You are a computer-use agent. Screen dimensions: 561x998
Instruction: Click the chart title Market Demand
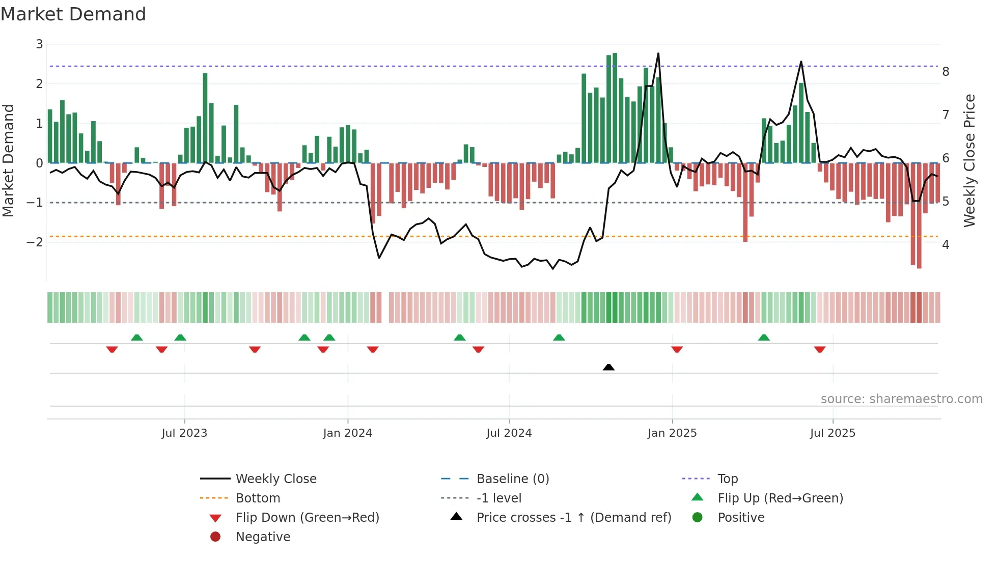[73, 14]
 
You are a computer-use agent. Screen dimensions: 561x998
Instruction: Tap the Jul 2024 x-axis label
[509, 433]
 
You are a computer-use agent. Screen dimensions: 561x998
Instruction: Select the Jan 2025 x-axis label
[672, 433]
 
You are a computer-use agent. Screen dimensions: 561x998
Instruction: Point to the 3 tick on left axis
[39, 44]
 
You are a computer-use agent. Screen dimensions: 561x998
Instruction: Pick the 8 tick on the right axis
[946, 72]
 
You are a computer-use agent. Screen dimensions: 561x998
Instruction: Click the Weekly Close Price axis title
[969, 160]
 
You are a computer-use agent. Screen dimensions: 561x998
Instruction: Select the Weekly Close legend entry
[275, 479]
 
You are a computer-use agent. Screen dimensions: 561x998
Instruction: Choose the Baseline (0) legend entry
[512, 479]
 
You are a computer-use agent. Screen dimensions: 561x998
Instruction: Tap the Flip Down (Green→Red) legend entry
[307, 518]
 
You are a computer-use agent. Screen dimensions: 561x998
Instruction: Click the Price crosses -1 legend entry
[573, 518]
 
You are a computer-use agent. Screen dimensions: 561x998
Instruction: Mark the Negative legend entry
[263, 537]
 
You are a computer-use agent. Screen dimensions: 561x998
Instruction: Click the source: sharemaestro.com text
[901, 399]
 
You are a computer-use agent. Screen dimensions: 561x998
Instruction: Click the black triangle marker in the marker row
[608, 367]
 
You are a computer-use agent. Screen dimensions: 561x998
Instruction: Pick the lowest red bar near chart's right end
[919, 216]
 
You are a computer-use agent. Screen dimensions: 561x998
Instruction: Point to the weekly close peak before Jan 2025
[658, 54]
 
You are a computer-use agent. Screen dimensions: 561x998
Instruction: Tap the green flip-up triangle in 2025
[764, 338]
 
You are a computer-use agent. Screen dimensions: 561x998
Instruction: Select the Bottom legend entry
[258, 498]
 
